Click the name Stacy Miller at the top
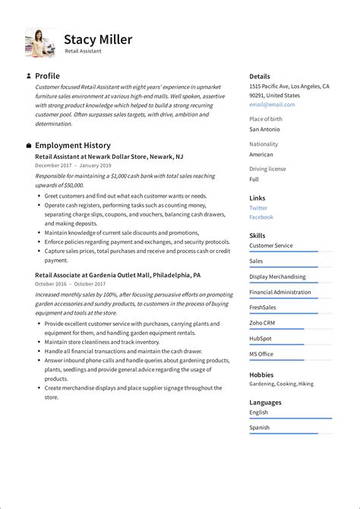[x=97, y=40]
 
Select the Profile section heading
[x=47, y=76]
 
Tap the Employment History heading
[x=72, y=145]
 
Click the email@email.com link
[x=272, y=105]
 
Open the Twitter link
[x=258, y=207]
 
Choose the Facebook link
[x=261, y=217]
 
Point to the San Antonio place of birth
[x=265, y=129]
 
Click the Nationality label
[x=264, y=144]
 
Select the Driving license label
[x=267, y=168]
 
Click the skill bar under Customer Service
[x=290, y=251]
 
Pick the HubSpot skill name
[x=261, y=338]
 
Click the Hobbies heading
[x=261, y=375]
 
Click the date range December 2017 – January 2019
[x=73, y=165]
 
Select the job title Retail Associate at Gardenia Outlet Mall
[x=118, y=274]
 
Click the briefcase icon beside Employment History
[x=28, y=145]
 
